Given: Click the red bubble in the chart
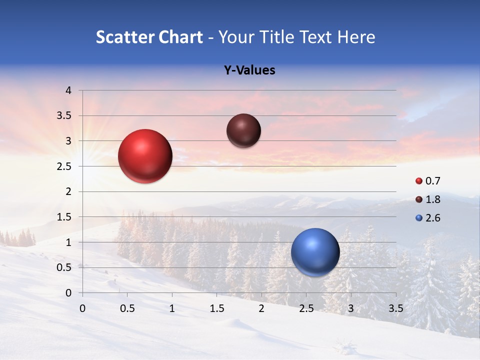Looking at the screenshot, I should coord(145,156).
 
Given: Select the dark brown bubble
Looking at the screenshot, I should coord(243,130).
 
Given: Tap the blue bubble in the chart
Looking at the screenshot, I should coord(315,252).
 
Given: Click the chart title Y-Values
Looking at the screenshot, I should coord(249,70).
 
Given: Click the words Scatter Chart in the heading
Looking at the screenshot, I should coord(149,37).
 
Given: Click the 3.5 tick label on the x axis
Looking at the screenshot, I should coord(396,307).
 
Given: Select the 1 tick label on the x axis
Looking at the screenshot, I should coord(172,307).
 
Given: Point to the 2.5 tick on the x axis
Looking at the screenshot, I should coord(306,307).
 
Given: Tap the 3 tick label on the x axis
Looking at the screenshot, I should coord(351,307).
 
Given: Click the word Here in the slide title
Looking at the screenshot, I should coord(355,37).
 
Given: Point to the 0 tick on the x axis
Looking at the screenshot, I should coord(82,307).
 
